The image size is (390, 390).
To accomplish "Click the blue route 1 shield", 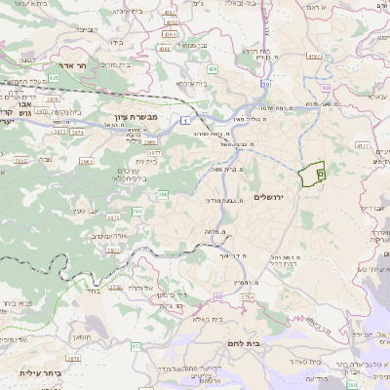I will pyautogui.click(x=183, y=119).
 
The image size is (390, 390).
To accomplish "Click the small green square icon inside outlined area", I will pyautogui.click(x=321, y=171).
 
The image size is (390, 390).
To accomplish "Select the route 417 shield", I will pyautogui.click(x=361, y=145).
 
